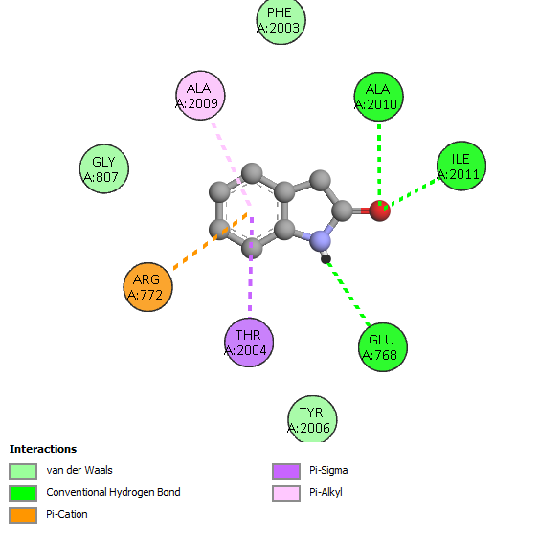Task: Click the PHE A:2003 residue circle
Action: pos(281,20)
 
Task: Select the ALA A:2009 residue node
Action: pos(200,96)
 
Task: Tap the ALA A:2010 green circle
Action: pos(379,97)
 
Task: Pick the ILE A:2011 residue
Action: pos(461,166)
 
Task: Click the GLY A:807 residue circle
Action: pos(104,168)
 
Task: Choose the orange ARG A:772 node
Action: pos(147,287)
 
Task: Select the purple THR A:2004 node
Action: pos(249,343)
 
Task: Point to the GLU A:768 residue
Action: pos(383,347)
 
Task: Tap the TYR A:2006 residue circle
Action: pos(312,419)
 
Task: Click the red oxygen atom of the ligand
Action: pos(380,211)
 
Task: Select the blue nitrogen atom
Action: pos(320,240)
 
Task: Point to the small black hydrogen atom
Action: pos(326,258)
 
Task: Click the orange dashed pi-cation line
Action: pos(211,241)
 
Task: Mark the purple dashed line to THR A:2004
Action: pos(251,267)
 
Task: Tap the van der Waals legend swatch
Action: pos(23,472)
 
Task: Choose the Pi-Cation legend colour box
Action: pos(23,516)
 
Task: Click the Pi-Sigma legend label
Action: pos(328,470)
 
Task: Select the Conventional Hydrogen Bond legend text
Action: pos(113,492)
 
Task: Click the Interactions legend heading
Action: pos(43,449)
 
